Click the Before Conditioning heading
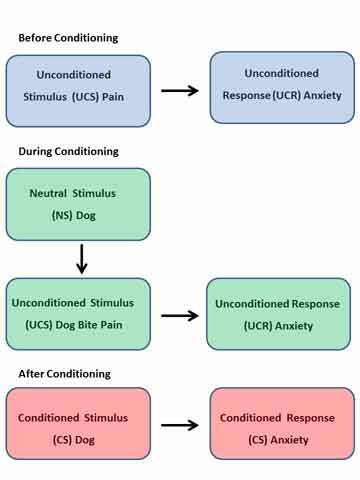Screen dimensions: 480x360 68,38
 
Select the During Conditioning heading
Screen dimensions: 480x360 68,151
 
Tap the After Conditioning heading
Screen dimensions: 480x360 65,373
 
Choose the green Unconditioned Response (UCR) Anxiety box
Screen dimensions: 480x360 277,313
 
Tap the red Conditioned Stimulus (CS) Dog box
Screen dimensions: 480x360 78,422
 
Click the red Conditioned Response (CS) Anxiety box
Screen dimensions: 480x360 279,424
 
